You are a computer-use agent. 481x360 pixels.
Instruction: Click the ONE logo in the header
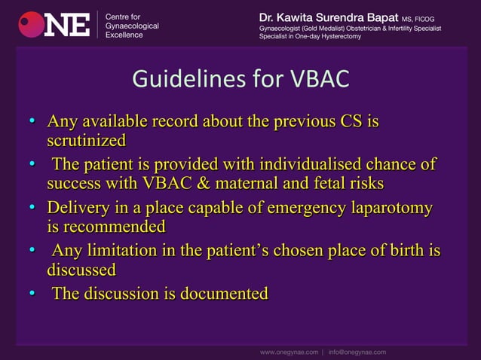54,23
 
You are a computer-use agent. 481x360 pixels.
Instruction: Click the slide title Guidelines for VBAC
240,79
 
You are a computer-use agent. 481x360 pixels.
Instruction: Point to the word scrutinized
86,140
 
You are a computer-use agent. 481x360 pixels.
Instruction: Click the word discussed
81,269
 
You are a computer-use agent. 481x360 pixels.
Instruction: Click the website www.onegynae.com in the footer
289,352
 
